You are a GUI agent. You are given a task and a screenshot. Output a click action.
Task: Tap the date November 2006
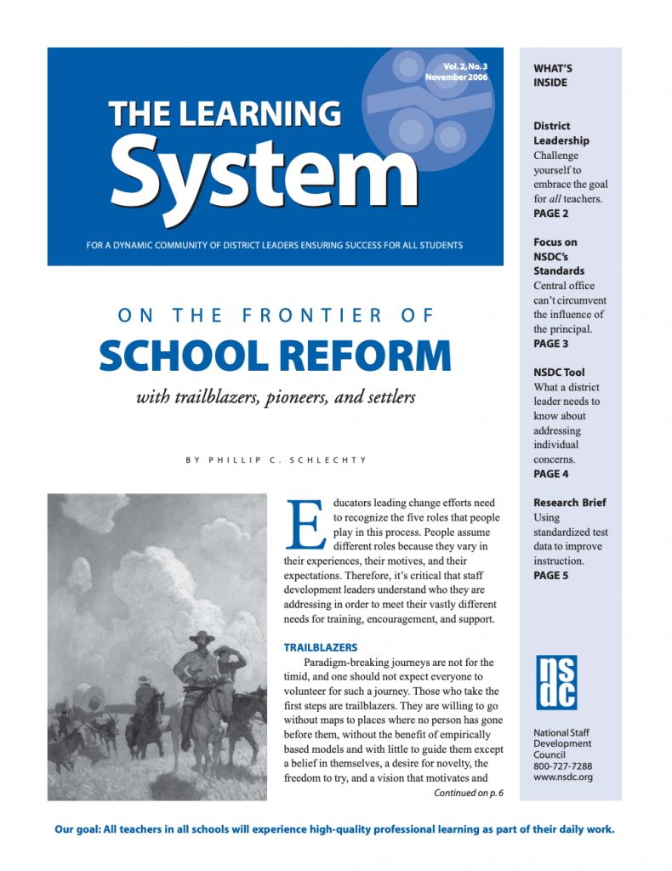(x=457, y=77)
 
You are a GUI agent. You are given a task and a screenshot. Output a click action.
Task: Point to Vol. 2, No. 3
(x=465, y=66)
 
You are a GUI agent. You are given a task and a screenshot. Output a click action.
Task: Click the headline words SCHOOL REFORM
(x=275, y=356)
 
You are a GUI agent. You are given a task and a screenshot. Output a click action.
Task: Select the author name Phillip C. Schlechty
(x=276, y=461)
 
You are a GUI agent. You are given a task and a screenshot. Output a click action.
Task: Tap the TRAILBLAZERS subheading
(x=320, y=647)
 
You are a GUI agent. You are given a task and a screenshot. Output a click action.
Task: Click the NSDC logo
(x=556, y=681)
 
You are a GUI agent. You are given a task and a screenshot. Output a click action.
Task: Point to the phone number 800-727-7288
(x=564, y=766)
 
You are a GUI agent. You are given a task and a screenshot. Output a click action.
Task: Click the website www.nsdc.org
(x=562, y=777)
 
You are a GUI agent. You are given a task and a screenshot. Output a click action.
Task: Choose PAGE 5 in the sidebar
(x=551, y=576)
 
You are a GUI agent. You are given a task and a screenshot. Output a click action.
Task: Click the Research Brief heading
(x=569, y=503)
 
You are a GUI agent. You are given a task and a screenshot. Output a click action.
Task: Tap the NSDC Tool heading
(x=559, y=373)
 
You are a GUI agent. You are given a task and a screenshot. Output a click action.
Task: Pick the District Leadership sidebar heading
(x=561, y=133)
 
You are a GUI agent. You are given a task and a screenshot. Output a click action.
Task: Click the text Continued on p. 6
(x=468, y=793)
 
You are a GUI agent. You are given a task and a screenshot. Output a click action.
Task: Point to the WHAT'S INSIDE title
(x=551, y=75)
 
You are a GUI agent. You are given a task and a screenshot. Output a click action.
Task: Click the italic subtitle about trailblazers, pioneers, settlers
(x=276, y=397)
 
